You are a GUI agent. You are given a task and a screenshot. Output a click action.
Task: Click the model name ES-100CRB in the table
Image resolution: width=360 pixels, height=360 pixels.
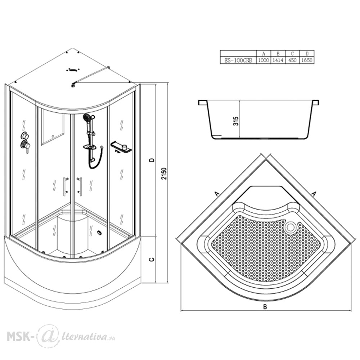(238, 60)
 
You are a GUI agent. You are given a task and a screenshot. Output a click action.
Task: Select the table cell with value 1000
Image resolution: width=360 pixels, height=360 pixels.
(264, 60)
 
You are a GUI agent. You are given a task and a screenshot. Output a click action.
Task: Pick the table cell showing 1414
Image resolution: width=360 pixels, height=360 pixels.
(278, 60)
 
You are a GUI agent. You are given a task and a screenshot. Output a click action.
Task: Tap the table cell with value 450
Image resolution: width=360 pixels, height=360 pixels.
(292, 60)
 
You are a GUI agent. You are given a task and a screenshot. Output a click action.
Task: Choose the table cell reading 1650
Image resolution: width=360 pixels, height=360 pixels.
(307, 60)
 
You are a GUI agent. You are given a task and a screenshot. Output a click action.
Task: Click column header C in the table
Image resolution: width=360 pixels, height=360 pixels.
(292, 54)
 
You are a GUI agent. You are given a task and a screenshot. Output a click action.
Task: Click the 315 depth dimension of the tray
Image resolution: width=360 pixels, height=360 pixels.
(236, 121)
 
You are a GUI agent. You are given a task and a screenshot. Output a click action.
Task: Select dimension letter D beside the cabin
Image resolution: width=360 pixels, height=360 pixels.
(152, 160)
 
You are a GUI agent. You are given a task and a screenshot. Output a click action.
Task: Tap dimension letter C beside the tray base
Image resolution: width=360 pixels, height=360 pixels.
(152, 260)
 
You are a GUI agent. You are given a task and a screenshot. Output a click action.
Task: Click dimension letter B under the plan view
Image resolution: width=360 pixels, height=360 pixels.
(265, 307)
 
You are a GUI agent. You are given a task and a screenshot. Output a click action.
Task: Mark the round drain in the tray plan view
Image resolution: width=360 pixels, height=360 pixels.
(291, 227)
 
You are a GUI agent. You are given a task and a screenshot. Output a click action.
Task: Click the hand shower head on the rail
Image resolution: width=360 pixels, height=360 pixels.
(87, 118)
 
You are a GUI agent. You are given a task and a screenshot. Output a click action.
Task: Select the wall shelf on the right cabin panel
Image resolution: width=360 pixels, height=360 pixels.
(121, 147)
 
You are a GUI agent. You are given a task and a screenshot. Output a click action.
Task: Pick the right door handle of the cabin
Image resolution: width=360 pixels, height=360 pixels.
(80, 186)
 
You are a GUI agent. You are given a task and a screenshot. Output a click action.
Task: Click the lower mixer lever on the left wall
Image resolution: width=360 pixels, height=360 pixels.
(25, 147)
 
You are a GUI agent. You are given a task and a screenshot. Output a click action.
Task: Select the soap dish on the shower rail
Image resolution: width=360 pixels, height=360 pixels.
(90, 147)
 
